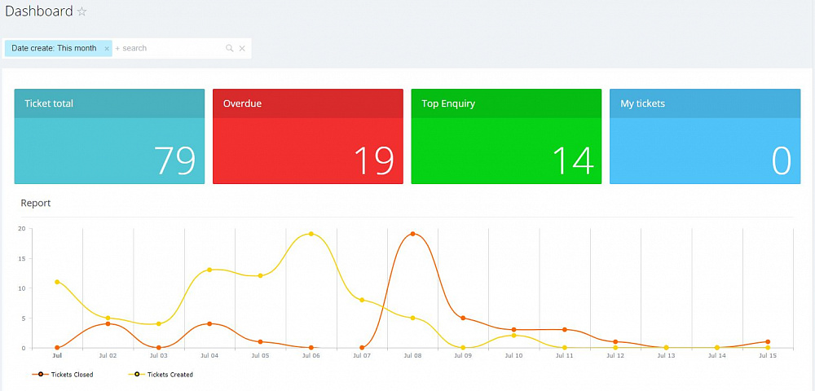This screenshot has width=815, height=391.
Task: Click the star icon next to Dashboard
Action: tap(81, 12)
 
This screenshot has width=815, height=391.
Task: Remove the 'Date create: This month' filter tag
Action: tap(107, 49)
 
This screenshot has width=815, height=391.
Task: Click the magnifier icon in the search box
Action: tap(230, 49)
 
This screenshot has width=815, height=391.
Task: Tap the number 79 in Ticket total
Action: tap(175, 160)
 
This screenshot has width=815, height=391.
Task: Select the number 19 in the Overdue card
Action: tap(373, 160)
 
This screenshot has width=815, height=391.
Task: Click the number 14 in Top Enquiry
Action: tap(572, 160)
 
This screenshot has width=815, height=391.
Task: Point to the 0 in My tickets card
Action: tap(781, 160)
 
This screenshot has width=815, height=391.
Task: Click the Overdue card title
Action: tap(242, 103)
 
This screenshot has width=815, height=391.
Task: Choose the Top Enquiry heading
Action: tap(448, 103)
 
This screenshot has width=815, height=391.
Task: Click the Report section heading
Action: tap(36, 203)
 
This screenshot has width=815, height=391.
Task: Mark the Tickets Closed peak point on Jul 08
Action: tap(412, 234)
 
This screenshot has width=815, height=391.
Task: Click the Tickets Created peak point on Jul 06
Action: tap(311, 234)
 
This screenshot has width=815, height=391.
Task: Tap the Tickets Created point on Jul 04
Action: tap(209, 270)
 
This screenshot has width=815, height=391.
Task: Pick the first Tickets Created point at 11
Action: tap(57, 282)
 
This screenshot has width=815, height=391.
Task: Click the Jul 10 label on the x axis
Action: tap(513, 356)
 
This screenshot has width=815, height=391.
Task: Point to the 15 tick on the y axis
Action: tap(22, 258)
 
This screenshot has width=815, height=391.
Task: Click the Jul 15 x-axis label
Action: tap(767, 356)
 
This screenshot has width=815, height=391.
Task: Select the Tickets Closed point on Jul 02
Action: tap(108, 324)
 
